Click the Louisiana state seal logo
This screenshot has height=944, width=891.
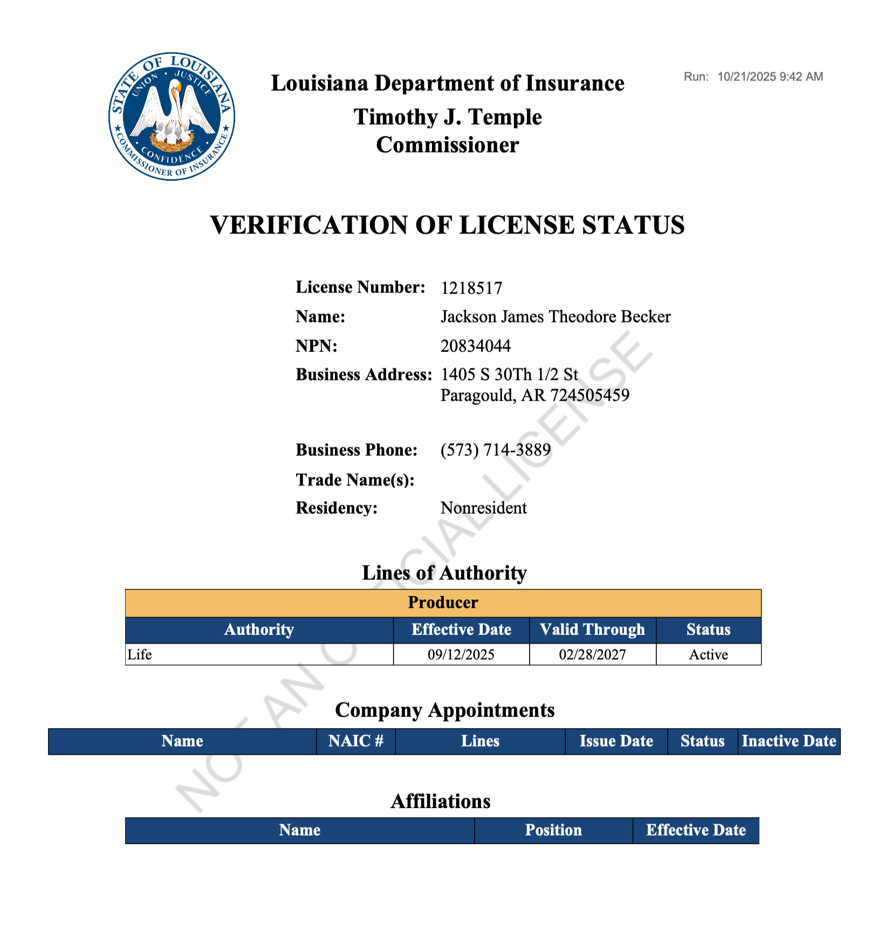pos(172,117)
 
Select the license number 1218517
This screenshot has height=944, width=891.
pos(471,288)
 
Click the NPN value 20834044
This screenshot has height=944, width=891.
pos(475,346)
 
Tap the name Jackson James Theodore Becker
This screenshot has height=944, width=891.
pos(556,317)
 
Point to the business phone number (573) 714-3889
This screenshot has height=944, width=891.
pos(496,450)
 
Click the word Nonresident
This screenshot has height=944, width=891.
pos(483,508)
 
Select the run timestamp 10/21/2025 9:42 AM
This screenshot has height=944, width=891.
pos(770,77)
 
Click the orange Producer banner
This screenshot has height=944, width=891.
pos(443,603)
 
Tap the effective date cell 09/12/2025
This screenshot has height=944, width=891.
pos(461,654)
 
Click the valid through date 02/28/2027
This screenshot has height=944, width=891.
pos(592,654)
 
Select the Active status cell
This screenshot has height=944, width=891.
pos(708,654)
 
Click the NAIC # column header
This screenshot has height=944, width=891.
pos(356,741)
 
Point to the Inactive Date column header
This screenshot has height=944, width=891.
pos(789,741)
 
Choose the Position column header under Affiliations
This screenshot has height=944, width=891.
pos(553,830)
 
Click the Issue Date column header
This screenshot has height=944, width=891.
pos(616,741)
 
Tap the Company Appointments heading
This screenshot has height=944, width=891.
pos(444,710)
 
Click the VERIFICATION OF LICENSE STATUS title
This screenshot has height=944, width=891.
pos(447,225)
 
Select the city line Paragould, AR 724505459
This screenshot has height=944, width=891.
pos(534,395)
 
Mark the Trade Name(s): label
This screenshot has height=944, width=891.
pos(355,480)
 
